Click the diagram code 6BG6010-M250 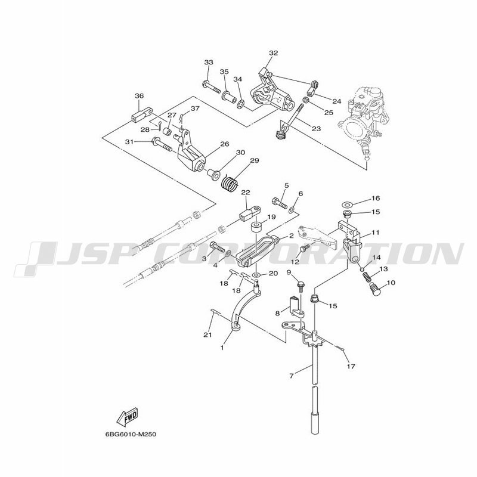(x=131, y=434)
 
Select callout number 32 (x=274, y=53)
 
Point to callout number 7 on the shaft (x=292, y=376)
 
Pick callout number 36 (x=139, y=96)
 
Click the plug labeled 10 (x=376, y=289)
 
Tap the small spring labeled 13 (x=367, y=277)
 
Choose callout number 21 (x=207, y=334)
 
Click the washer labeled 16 (x=346, y=203)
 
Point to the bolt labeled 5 (x=280, y=203)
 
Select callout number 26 (x=225, y=144)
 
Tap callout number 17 (x=351, y=366)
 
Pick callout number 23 (x=317, y=129)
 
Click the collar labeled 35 (x=229, y=96)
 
